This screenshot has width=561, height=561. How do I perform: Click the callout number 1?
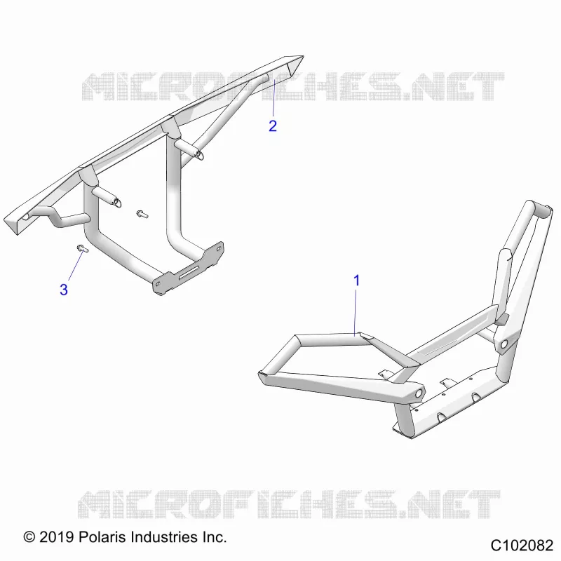[x=356, y=280]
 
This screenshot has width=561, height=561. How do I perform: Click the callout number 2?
[x=273, y=126]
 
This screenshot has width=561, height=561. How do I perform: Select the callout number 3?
[x=64, y=290]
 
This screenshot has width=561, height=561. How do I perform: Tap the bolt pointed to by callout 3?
[x=82, y=248]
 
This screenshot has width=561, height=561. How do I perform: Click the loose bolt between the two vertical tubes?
[x=142, y=214]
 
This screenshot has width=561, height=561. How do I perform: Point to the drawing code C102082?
[x=522, y=546]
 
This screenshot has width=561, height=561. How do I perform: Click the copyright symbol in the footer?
[x=29, y=536]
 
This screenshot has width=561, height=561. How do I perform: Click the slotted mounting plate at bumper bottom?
[x=189, y=269]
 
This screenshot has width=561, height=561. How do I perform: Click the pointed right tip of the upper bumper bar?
[x=304, y=56]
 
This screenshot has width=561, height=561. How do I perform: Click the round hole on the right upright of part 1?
[x=503, y=344]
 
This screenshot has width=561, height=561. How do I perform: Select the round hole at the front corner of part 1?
[x=417, y=393]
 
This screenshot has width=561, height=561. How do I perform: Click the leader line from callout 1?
[x=356, y=312]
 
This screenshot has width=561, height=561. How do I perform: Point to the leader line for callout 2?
[x=273, y=98]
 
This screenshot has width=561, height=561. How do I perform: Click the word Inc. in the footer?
[x=214, y=536]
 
